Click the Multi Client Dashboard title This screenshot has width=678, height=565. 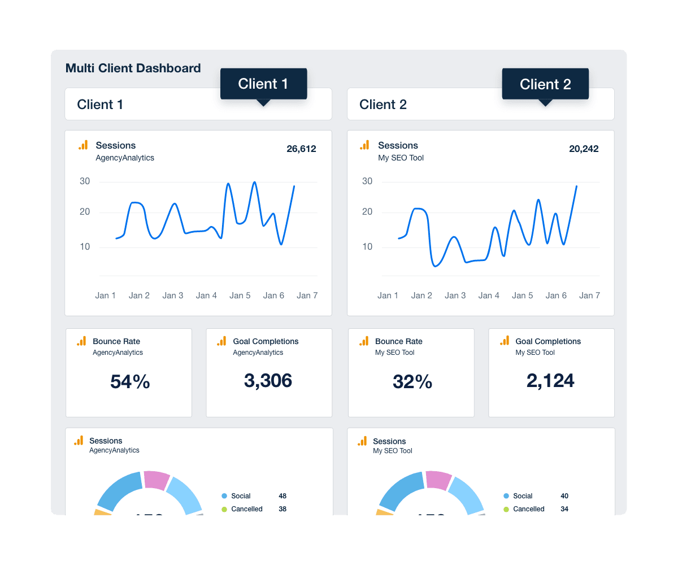coord(133,68)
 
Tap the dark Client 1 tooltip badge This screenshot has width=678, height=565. coord(263,84)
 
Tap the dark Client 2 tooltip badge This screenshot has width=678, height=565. coord(545,84)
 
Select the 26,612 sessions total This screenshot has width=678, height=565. coord(301,149)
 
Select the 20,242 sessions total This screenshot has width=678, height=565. coord(584,149)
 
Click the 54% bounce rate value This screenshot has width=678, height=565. coord(130,382)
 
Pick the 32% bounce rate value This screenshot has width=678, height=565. coord(412,382)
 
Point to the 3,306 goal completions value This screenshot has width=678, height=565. coord(268,380)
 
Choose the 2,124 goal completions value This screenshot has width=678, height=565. coord(550,380)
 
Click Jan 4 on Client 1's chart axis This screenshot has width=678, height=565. coord(206,295)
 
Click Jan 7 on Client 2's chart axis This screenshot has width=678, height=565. coord(589,295)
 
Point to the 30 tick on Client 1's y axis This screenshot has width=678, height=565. coord(85,181)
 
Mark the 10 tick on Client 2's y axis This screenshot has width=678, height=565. coord(367,247)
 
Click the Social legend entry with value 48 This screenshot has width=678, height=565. coord(241,496)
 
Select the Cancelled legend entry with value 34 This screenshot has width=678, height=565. coord(528,509)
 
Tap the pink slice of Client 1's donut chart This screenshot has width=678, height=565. coord(157,480)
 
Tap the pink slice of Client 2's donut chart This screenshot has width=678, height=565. coord(438,480)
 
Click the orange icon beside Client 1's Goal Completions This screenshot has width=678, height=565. coord(221,341)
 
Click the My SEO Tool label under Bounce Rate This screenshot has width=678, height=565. coord(394,353)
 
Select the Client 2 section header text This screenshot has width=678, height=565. coord(383,105)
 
